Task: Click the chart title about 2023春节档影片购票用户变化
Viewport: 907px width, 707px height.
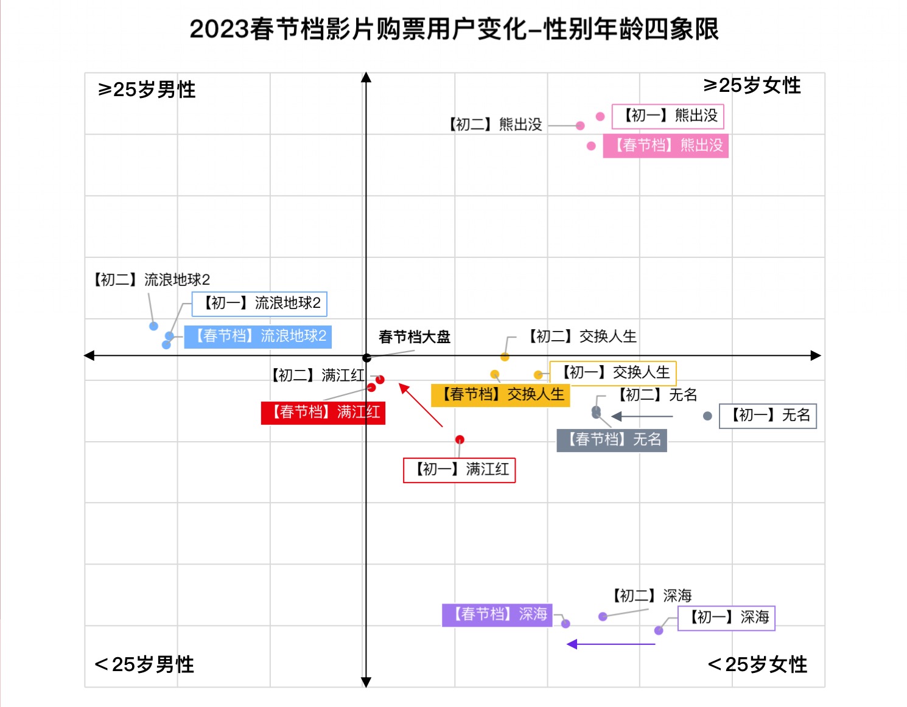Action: point(454,29)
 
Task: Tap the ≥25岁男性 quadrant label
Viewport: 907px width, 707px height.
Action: point(147,89)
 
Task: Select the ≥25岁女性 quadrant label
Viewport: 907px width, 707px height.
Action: point(752,85)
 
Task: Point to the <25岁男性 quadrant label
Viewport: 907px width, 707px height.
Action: point(144,664)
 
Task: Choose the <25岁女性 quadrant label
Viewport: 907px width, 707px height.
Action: point(757,664)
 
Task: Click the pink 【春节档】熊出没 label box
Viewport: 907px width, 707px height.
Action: point(665,145)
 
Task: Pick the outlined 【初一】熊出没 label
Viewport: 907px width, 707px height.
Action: point(667,116)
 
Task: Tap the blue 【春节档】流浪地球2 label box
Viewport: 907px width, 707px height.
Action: point(258,336)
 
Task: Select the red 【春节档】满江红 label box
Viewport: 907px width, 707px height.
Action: point(323,412)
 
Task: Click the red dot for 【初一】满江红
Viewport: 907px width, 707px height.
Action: point(460,439)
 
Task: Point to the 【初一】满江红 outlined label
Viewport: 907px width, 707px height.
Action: point(460,470)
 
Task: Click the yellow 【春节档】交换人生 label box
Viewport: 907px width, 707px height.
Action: point(500,394)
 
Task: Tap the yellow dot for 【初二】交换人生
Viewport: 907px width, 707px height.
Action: point(505,357)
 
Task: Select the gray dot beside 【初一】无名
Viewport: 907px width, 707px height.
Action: point(707,416)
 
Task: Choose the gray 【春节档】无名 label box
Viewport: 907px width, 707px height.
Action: point(612,439)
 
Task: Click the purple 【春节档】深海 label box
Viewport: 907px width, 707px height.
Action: point(497,614)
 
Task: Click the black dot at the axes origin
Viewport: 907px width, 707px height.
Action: point(366,358)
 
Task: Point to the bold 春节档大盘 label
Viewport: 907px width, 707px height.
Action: point(414,336)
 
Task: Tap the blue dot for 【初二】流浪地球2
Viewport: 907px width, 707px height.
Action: point(154,326)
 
